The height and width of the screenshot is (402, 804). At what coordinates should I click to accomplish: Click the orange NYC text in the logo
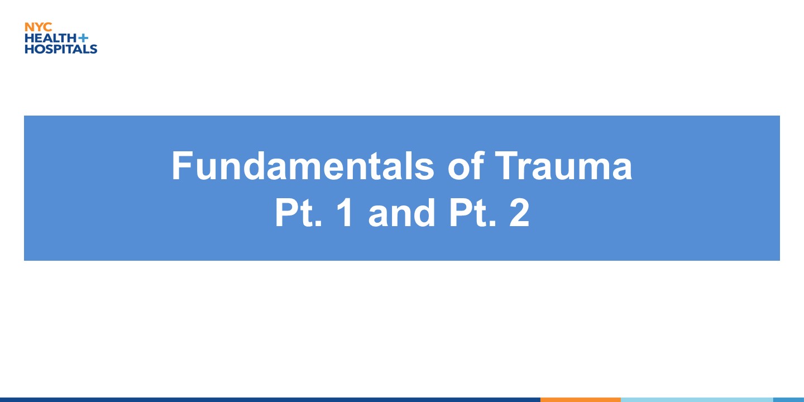click(x=39, y=27)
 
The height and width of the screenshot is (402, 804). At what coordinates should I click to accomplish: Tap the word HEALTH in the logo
click(x=51, y=38)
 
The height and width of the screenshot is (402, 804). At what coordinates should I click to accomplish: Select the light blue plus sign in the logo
click(x=83, y=38)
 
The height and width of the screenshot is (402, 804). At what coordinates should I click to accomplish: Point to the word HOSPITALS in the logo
click(x=61, y=49)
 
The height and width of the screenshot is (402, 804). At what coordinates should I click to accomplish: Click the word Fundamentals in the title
click(x=303, y=166)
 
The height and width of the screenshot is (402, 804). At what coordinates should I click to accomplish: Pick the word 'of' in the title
click(x=466, y=166)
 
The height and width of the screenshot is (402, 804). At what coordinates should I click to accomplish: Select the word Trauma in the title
click(x=563, y=166)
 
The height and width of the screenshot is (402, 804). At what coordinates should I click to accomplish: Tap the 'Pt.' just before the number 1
click(x=298, y=213)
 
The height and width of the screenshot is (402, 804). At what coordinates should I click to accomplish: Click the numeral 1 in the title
click(x=345, y=213)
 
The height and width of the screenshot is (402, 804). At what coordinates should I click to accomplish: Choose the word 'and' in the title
click(x=401, y=213)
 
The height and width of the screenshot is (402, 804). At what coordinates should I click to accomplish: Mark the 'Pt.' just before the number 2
click(x=473, y=213)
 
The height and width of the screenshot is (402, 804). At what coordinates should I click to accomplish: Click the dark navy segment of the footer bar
click(x=270, y=400)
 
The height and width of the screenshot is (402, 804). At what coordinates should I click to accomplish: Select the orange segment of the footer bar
click(x=581, y=400)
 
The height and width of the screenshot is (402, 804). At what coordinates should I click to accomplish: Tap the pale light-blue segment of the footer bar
click(x=697, y=400)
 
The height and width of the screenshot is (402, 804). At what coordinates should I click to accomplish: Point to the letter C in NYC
click(x=48, y=27)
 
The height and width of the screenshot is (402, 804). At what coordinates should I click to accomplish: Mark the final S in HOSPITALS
click(x=93, y=49)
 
